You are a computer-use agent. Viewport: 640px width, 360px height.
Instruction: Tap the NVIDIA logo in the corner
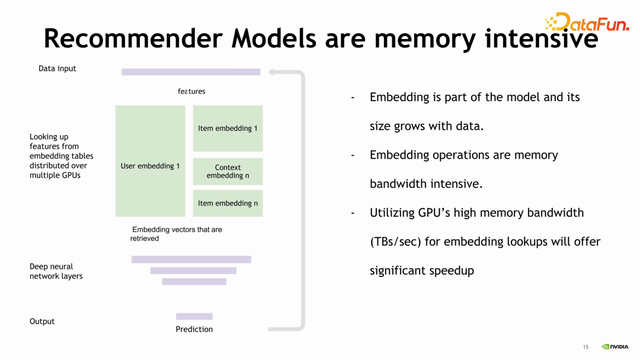pyautogui.click(x=615, y=347)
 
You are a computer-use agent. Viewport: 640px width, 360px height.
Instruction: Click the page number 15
pyautogui.click(x=586, y=347)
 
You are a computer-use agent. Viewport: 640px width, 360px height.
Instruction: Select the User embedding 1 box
pyautogui.click(x=150, y=165)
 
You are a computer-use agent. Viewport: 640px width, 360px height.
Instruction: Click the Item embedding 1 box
pyautogui.click(x=228, y=128)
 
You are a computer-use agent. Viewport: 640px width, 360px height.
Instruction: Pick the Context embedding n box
pyautogui.click(x=228, y=172)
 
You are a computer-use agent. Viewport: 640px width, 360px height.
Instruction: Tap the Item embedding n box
pyautogui.click(x=228, y=203)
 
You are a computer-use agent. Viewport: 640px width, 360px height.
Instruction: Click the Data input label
pyautogui.click(x=57, y=69)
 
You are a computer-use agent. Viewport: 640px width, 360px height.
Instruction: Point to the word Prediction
pyautogui.click(x=194, y=329)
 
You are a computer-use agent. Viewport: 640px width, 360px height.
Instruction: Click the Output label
pyautogui.click(x=42, y=321)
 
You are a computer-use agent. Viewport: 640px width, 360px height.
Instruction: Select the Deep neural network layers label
pyautogui.click(x=56, y=271)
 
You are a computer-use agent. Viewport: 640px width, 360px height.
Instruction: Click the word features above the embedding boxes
pyautogui.click(x=191, y=91)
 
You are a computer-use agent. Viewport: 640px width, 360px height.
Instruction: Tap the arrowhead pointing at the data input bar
pyautogui.click(x=272, y=72)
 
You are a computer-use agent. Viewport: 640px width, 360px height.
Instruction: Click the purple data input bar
pyautogui.click(x=190, y=72)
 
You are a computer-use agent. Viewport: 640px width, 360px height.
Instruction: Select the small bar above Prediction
pyautogui.click(x=194, y=316)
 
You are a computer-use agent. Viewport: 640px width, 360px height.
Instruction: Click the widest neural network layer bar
pyautogui.click(x=191, y=259)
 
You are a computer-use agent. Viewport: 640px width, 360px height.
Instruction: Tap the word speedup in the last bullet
pyautogui.click(x=449, y=270)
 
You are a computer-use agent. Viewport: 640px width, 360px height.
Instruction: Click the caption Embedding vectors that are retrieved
pyautogui.click(x=176, y=234)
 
